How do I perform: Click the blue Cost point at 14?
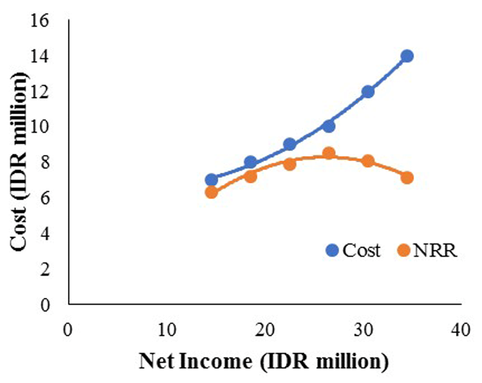(407, 56)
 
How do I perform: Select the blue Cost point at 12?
(368, 91)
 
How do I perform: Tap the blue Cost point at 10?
(329, 126)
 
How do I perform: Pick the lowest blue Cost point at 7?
(211, 180)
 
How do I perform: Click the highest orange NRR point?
(329, 153)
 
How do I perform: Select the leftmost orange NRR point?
(211, 192)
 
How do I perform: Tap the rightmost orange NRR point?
(407, 178)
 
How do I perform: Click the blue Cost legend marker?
(333, 250)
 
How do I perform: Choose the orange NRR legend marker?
(403, 250)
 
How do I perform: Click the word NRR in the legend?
(435, 251)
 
